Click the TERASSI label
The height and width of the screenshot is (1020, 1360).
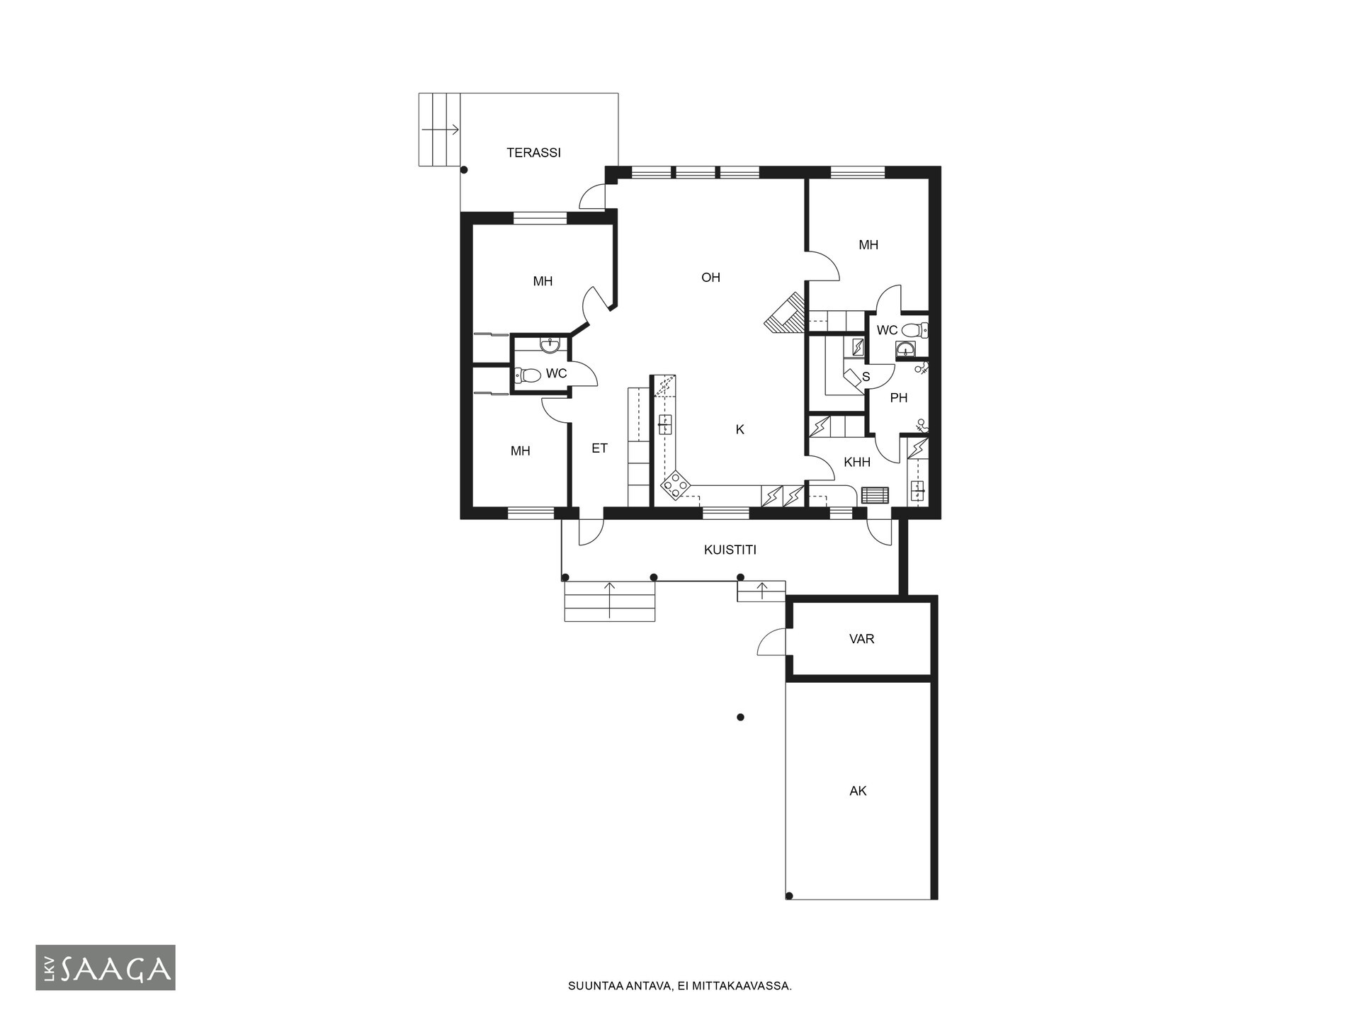533,152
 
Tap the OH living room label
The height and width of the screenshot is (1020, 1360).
710,278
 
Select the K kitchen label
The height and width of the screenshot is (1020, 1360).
740,429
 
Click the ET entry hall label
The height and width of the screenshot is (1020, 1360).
599,448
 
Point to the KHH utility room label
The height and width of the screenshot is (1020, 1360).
857,462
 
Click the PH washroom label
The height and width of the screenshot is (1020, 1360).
899,398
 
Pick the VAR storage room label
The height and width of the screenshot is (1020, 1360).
861,639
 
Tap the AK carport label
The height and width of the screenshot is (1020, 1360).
858,790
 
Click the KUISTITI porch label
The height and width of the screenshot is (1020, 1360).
730,550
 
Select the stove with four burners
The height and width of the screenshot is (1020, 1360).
676,486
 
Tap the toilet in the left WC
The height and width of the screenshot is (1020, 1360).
527,375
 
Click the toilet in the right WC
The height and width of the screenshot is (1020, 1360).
915,329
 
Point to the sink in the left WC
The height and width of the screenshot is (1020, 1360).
550,345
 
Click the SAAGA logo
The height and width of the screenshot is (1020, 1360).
106,968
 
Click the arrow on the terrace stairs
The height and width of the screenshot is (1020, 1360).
441,130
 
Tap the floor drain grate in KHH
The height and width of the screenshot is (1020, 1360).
875,494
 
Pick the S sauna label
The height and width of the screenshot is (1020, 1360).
866,377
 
